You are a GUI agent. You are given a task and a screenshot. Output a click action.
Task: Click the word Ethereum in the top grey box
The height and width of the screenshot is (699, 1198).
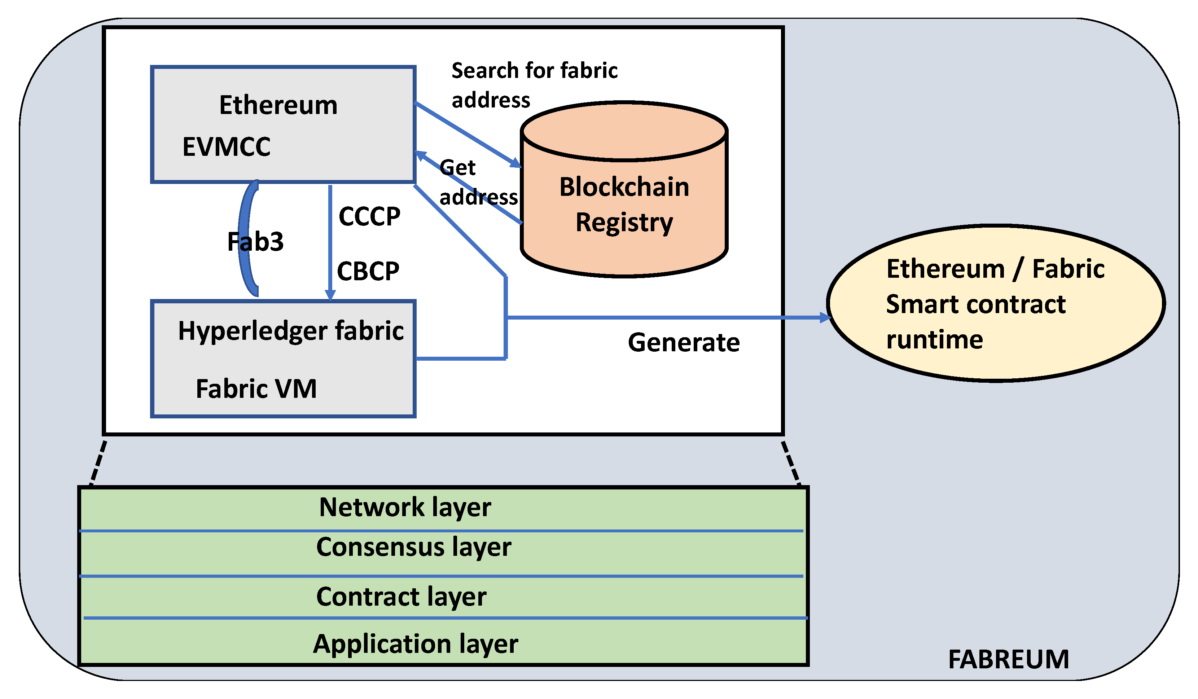tap(278, 105)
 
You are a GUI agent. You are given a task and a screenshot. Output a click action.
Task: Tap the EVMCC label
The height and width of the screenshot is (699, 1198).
tap(226, 146)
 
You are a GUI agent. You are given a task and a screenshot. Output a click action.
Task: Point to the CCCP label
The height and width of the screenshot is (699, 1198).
tap(369, 217)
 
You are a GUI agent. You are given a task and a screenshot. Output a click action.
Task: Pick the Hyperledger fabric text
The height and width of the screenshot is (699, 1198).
tap(290, 331)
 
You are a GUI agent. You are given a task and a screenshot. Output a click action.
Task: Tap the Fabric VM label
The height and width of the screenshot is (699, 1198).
tap(256, 389)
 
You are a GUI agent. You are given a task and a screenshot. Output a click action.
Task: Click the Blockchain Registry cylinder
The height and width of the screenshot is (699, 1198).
tap(624, 205)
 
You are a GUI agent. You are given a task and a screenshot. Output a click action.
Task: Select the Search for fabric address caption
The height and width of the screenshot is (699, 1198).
tap(534, 85)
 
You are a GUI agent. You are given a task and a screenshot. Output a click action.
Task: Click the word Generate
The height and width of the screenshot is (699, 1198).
tap(684, 343)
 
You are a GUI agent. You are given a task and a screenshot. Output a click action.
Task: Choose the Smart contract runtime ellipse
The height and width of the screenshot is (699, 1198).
tap(996, 304)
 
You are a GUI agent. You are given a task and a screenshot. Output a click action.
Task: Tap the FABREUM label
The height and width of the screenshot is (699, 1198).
tap(1008, 660)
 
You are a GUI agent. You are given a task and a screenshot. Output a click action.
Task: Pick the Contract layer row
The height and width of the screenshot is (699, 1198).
tap(401, 597)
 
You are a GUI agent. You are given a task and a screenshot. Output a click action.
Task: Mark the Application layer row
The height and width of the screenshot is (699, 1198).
tap(416, 644)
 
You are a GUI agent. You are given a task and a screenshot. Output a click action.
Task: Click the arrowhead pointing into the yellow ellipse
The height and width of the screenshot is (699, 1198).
tap(825, 317)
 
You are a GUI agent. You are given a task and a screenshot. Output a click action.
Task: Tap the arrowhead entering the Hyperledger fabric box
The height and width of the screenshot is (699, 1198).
tap(330, 295)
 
